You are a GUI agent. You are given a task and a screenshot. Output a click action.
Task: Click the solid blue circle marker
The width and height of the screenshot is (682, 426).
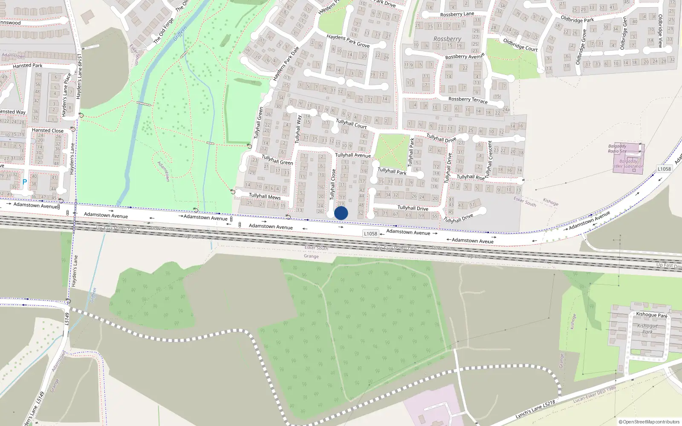pyautogui.click(x=341, y=213)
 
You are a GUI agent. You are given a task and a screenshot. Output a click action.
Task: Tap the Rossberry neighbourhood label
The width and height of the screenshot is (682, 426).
pyautogui.click(x=447, y=39)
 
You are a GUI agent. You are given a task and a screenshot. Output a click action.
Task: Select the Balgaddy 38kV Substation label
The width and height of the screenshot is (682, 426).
pyautogui.click(x=628, y=164)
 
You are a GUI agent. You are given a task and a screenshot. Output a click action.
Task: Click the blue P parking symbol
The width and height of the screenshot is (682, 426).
pyautogui.click(x=24, y=182)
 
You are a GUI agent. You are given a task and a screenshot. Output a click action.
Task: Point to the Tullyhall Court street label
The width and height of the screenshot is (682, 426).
pyautogui.click(x=351, y=124)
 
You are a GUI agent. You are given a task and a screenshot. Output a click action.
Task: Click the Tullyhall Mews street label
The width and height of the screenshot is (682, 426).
pyautogui.click(x=265, y=196)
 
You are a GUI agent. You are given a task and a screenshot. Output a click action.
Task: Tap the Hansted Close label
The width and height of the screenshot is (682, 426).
pyautogui.click(x=48, y=130)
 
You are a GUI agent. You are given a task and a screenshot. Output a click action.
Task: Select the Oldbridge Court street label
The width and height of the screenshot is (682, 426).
pyautogui.click(x=520, y=45)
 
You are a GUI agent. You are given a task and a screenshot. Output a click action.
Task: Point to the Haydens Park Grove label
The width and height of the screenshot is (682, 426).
pyautogui.click(x=348, y=41)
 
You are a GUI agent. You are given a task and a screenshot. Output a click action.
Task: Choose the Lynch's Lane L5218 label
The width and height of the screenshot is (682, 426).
pyautogui.click(x=535, y=409)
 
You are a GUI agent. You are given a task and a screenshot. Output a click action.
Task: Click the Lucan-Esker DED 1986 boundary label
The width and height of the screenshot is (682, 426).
pyautogui.click(x=595, y=394)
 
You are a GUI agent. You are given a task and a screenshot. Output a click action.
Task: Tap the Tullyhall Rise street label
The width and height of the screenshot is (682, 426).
pyautogui.click(x=471, y=177)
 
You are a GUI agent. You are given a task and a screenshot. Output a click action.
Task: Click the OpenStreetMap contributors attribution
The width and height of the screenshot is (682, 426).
pyautogui.click(x=649, y=422)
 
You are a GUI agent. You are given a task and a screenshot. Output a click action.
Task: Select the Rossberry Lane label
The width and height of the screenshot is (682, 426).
pyautogui.click(x=457, y=14)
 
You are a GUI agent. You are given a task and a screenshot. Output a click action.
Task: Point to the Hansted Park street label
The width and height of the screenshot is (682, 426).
pyautogui.click(x=28, y=66)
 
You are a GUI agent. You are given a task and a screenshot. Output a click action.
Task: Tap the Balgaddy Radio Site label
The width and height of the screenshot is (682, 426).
pyautogui.click(x=617, y=149)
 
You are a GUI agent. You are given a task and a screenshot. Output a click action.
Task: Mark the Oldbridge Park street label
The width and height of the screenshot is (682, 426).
pyautogui.click(x=577, y=19)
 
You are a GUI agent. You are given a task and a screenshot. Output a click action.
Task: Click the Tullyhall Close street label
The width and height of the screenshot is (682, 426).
pyautogui.click(x=333, y=184)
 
